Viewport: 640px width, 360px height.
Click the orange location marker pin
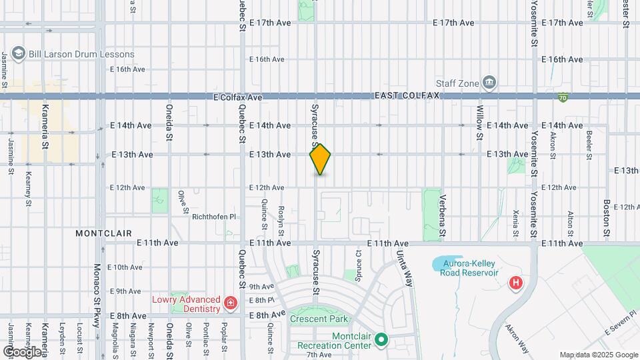(x=321, y=159)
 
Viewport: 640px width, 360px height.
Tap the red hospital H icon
(x=515, y=283)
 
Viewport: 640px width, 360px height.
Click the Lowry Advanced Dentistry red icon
(x=231, y=304)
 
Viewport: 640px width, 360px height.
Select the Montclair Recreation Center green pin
(x=381, y=341)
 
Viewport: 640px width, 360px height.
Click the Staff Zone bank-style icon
(x=490, y=83)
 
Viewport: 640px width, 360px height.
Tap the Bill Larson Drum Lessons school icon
(x=18, y=54)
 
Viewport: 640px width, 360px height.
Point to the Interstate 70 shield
(x=564, y=97)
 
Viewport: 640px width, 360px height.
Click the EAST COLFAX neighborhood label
(x=407, y=96)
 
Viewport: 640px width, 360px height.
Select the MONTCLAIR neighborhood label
(x=103, y=234)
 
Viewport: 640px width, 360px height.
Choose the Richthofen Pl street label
(x=214, y=217)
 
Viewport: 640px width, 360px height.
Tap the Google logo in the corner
(x=22, y=351)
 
